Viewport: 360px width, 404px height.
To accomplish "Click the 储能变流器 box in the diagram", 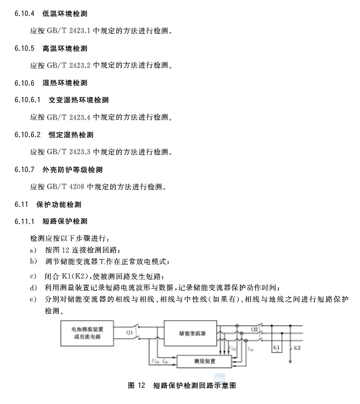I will tap(192, 334).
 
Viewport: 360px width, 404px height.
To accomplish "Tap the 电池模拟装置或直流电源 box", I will tap(88, 333).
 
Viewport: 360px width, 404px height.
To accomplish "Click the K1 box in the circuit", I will tap(277, 348).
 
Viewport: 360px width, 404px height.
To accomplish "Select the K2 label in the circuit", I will tap(297, 348).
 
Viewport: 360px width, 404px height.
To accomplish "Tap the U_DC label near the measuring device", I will tap(154, 361).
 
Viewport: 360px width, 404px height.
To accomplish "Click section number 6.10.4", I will tap(25, 13).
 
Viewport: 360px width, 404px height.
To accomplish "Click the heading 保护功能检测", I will tap(59, 204).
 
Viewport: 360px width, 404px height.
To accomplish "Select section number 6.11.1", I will tap(25, 221).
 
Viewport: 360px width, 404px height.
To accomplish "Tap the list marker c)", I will tap(34, 276).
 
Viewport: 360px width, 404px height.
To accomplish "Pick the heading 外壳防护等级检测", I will tap(72, 169).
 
